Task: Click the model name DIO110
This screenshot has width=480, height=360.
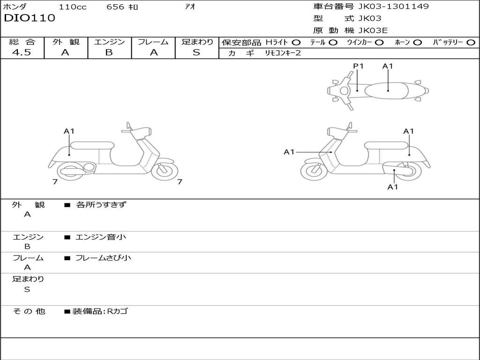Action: (x=30, y=18)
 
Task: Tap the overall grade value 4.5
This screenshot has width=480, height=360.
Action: (x=22, y=52)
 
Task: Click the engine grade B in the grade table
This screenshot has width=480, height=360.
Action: (x=109, y=52)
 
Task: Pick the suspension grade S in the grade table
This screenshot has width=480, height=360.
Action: (x=196, y=52)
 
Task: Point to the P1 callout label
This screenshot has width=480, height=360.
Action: (x=358, y=66)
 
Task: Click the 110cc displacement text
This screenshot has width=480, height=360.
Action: (x=73, y=7)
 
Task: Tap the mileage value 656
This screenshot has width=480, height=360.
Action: (x=115, y=7)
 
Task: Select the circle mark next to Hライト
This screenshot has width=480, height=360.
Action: (x=296, y=43)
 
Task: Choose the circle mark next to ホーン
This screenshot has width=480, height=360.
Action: (x=417, y=43)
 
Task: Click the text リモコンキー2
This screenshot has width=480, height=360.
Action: (x=284, y=53)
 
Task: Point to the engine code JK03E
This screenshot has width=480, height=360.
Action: (x=373, y=30)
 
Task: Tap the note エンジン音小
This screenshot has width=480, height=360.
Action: (x=101, y=237)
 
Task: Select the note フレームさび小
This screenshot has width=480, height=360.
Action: (x=103, y=258)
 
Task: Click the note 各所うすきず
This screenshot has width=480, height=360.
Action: (x=101, y=205)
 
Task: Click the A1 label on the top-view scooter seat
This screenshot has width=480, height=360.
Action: (x=388, y=66)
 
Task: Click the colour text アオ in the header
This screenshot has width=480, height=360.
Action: (x=190, y=7)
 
